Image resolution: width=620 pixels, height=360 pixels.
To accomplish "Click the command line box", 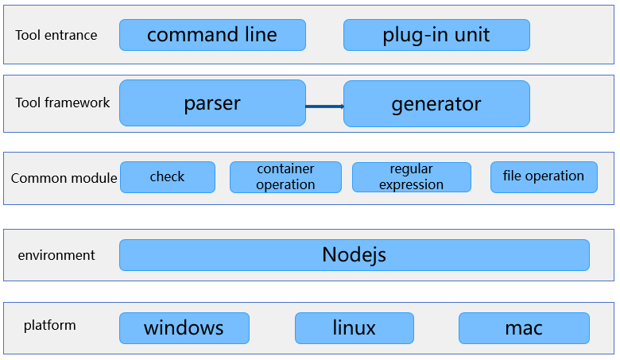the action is click(x=212, y=35).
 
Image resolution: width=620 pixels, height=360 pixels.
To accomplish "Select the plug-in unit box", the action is click(x=436, y=35).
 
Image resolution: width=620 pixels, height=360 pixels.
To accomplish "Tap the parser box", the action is click(x=212, y=103).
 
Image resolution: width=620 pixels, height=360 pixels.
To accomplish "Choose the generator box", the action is click(x=436, y=104).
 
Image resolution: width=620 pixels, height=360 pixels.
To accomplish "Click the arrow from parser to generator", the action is click(x=324, y=106).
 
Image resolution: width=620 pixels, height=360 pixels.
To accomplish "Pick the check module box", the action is click(x=168, y=177).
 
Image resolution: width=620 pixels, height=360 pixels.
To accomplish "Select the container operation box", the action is click(x=285, y=177).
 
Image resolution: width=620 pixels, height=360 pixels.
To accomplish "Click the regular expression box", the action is click(x=412, y=177).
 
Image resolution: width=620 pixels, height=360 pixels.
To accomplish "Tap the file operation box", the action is click(x=544, y=177).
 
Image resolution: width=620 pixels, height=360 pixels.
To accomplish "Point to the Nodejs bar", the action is click(x=355, y=255).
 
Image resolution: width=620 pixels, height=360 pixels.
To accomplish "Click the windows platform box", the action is click(x=184, y=328).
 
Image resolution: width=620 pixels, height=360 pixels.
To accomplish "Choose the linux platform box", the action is click(x=355, y=328).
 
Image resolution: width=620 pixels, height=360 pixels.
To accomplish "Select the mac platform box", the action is click(x=524, y=328).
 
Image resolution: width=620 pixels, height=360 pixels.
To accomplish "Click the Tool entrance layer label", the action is click(x=56, y=35).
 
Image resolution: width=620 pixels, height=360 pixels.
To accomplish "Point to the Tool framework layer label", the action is click(x=63, y=103).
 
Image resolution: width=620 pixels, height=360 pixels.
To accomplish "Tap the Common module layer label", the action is click(x=64, y=178).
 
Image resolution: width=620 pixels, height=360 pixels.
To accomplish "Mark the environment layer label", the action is click(x=56, y=255).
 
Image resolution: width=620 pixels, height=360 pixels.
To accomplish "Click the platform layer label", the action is click(x=50, y=326).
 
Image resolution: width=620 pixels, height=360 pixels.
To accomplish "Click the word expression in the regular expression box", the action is click(x=411, y=185).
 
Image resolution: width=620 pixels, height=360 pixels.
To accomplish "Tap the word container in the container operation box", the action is click(x=285, y=168).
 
